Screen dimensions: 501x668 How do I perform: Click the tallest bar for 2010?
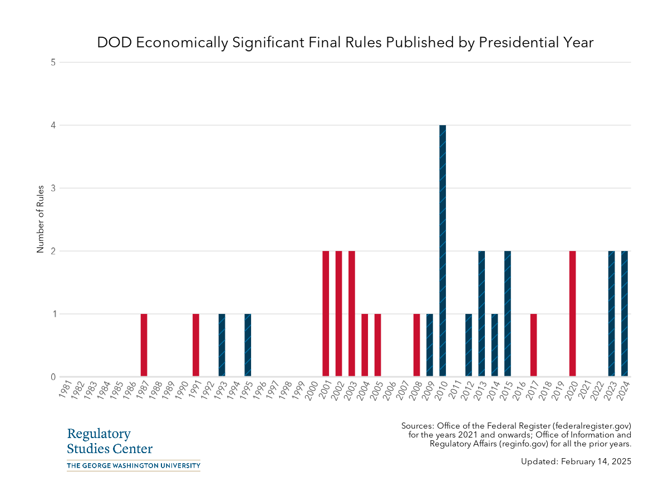coord(443,250)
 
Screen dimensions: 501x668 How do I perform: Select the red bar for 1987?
coord(144,345)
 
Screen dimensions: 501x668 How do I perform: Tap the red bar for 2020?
coord(572,313)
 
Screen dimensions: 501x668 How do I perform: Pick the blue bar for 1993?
coord(222,345)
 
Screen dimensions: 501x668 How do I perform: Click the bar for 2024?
coord(625,313)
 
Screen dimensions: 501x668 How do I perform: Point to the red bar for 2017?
coord(533,345)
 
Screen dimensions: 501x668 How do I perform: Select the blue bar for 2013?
coord(482,313)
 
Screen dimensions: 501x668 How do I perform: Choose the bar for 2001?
coord(326,313)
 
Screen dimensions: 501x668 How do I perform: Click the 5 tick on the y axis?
coord(53,62)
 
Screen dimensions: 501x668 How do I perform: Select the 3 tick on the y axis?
coord(53,188)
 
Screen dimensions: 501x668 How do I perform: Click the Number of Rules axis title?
coord(40,220)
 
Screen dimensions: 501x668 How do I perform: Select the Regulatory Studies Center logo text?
coord(110,441)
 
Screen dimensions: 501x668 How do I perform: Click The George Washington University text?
coord(133,465)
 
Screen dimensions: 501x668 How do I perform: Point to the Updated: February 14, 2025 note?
coord(576,461)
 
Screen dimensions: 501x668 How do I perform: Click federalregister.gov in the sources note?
coord(590,426)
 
